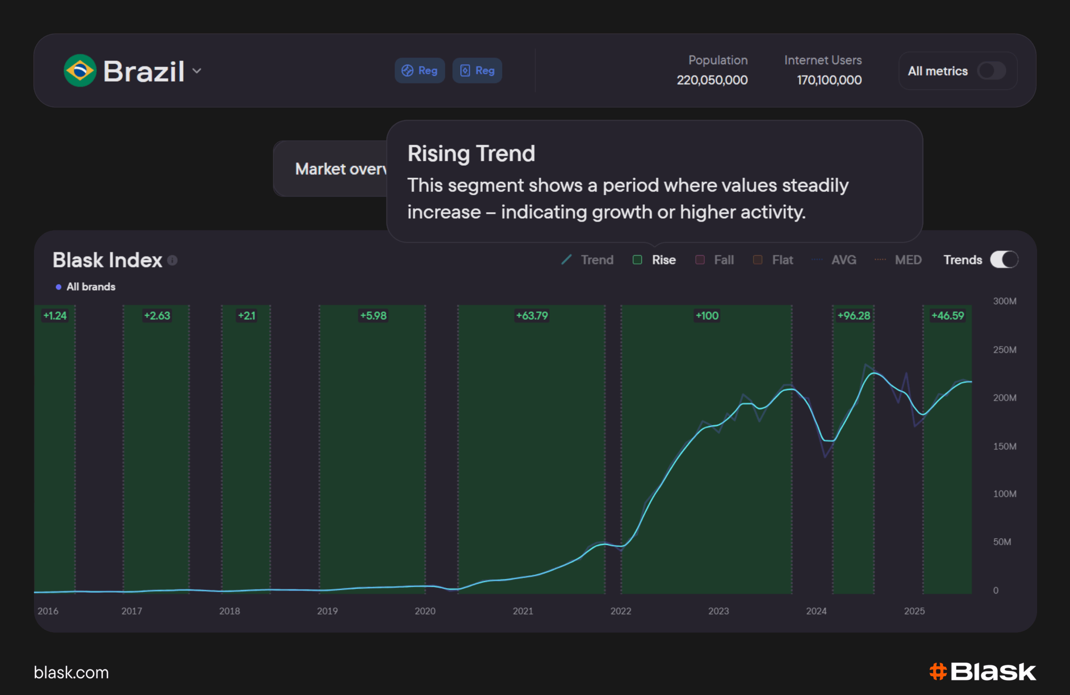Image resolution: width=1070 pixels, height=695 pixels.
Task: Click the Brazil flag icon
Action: click(x=80, y=71)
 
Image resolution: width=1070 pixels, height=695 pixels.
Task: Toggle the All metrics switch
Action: click(x=992, y=71)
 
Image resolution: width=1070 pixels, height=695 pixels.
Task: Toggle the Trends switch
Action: click(x=1004, y=260)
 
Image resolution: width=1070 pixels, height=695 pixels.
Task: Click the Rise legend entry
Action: click(x=654, y=260)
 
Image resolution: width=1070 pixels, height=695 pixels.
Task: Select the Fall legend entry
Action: click(x=715, y=260)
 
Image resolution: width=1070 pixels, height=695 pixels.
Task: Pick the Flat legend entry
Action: click(x=773, y=260)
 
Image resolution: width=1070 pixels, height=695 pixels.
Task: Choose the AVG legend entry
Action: click(x=834, y=260)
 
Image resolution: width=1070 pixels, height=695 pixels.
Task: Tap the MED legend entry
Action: click(x=898, y=260)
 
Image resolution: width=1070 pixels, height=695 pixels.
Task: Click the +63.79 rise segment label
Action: click(x=532, y=316)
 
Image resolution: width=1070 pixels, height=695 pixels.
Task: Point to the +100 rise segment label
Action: click(x=707, y=316)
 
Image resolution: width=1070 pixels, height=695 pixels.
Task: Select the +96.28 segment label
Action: click(x=854, y=316)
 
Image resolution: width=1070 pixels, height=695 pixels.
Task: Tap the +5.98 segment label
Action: click(x=373, y=316)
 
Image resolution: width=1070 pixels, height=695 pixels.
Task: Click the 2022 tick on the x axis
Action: click(x=621, y=611)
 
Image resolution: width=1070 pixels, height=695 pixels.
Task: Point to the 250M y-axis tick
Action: click(x=1005, y=350)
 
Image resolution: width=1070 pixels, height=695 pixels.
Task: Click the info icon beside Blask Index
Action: click(x=172, y=260)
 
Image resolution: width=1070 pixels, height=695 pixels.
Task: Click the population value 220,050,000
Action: click(x=712, y=80)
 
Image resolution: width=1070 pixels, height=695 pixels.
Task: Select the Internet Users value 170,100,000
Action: click(x=829, y=80)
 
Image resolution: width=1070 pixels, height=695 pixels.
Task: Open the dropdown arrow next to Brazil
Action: click(x=197, y=71)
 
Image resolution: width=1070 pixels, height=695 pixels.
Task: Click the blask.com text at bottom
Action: click(x=72, y=673)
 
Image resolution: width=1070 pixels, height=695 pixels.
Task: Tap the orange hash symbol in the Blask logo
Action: click(x=938, y=672)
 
